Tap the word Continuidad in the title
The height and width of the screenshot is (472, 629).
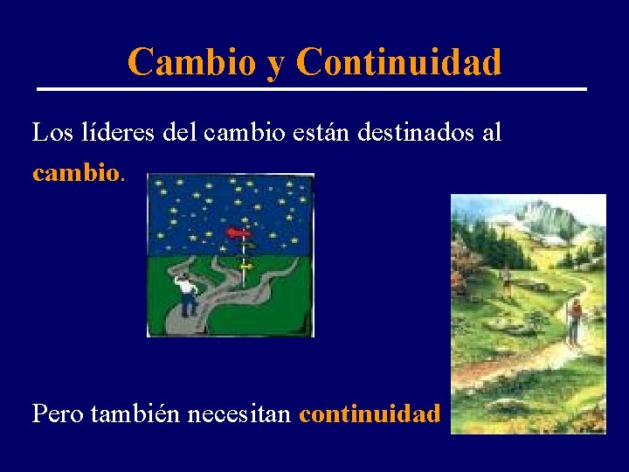pyautogui.click(x=399, y=62)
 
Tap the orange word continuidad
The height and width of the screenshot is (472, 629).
pyautogui.click(x=370, y=413)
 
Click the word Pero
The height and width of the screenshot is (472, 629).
pyautogui.click(x=56, y=413)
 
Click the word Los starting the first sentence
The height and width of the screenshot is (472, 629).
pyautogui.click(x=51, y=133)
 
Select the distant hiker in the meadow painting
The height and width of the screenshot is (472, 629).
pyautogui.click(x=506, y=278)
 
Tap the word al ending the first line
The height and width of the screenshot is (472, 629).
pyautogui.click(x=492, y=133)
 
